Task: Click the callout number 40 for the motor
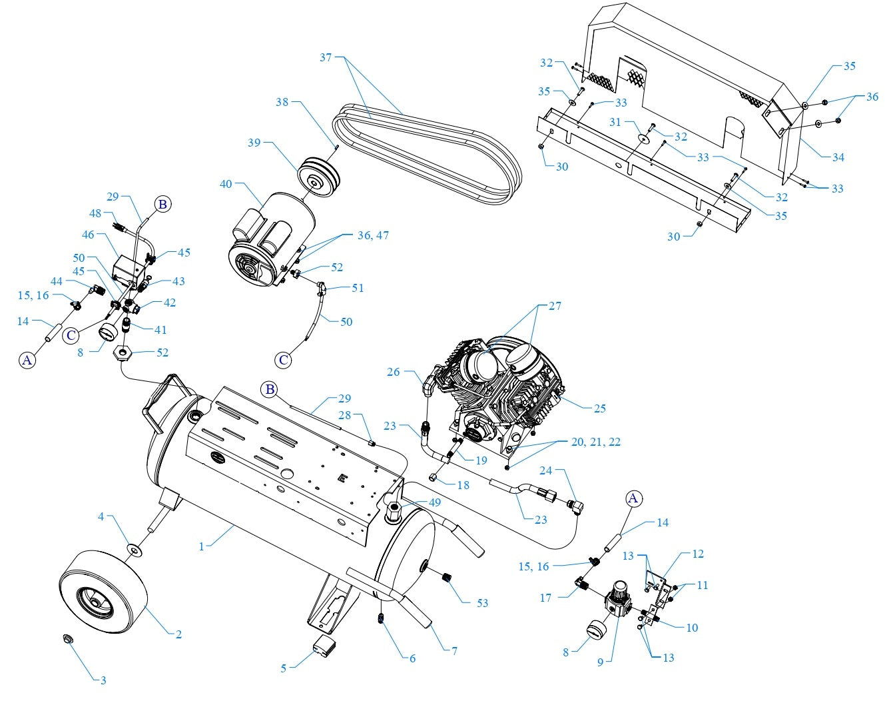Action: tap(226, 183)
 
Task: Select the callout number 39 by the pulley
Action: tap(254, 143)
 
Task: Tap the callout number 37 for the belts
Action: tap(326, 58)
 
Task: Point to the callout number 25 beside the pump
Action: tap(599, 408)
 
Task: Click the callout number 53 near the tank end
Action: tap(482, 603)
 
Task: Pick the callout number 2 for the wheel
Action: tap(178, 634)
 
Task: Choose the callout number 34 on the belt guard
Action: tap(838, 157)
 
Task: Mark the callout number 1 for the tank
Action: tap(201, 546)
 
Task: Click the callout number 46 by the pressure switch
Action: tap(88, 235)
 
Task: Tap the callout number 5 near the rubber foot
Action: tap(283, 668)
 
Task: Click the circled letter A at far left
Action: tap(27, 360)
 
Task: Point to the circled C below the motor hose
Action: tap(284, 360)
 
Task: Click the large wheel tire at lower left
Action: tap(103, 596)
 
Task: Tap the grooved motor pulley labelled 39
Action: tap(318, 175)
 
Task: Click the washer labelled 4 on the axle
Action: tap(135, 549)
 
